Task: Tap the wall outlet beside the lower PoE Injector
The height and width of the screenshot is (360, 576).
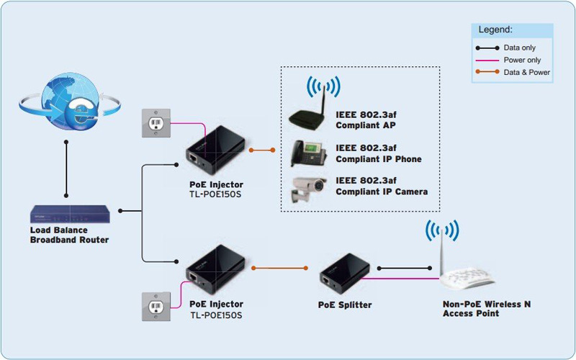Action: (156, 306)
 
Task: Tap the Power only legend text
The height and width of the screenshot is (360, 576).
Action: (522, 60)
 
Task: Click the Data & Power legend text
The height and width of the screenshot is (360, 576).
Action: (526, 72)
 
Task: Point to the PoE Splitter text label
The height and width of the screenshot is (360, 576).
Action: (345, 305)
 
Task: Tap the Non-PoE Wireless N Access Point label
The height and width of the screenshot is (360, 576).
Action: (486, 309)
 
